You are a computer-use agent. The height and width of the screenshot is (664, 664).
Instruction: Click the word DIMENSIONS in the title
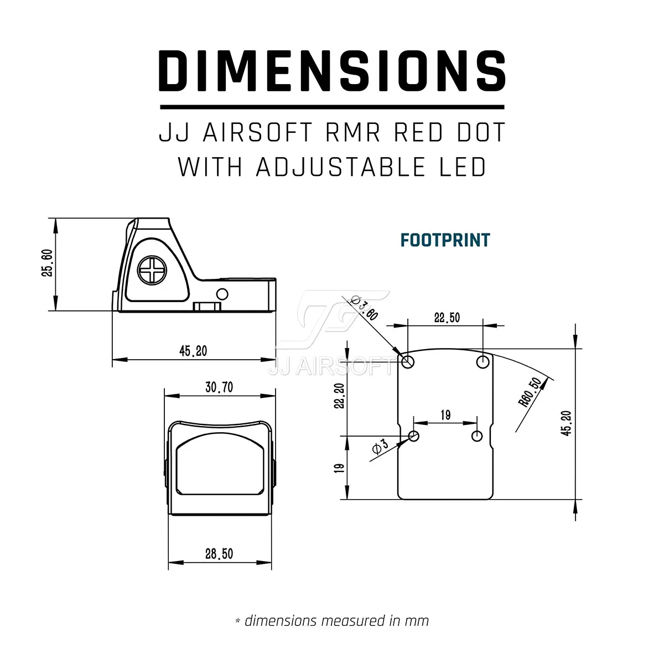332,70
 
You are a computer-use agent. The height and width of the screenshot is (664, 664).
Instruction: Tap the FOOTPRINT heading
445,240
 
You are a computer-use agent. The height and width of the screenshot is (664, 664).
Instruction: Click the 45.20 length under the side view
193,351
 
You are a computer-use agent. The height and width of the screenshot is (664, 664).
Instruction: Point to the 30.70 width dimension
219,387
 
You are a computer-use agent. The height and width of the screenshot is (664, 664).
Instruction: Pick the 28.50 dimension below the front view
219,554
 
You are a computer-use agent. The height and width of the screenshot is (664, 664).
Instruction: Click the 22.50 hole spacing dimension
447,318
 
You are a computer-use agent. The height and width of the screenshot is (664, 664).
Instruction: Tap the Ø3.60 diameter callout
365,308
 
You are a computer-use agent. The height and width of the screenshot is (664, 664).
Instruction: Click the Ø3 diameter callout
380,448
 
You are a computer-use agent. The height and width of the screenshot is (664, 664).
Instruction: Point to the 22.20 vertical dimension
339,396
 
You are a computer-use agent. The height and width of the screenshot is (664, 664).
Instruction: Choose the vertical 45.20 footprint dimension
566,423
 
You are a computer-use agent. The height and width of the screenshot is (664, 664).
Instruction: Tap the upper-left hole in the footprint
408,362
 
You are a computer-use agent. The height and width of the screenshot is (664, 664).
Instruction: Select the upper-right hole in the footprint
483,362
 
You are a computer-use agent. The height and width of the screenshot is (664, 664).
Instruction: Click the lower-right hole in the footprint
477,436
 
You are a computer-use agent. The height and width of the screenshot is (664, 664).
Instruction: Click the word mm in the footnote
417,621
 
